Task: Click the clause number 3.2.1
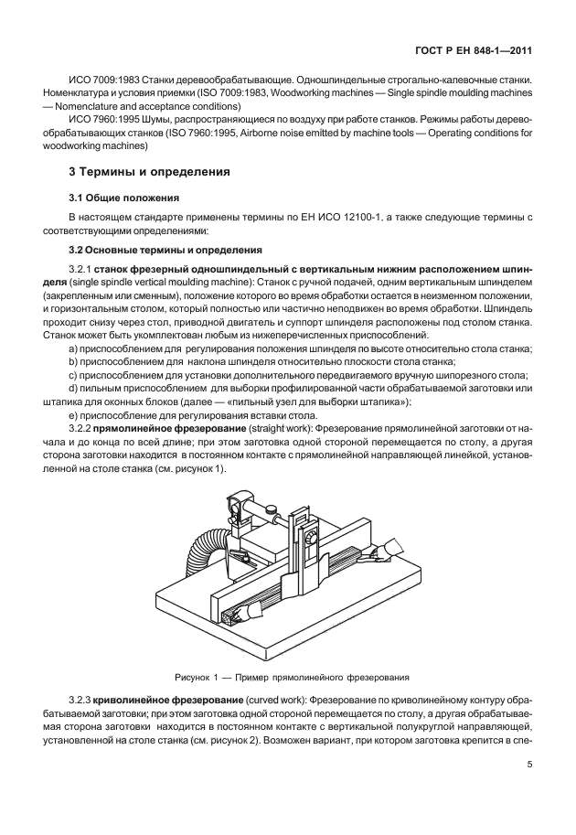click(83, 268)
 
